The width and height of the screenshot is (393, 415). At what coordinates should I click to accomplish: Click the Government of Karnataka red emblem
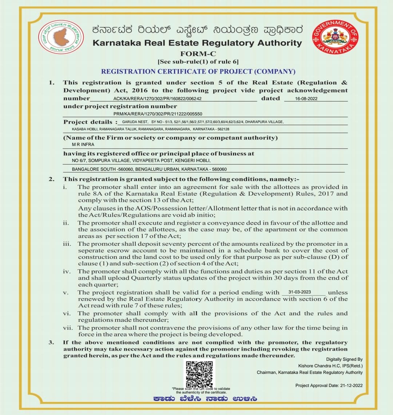coord(335,37)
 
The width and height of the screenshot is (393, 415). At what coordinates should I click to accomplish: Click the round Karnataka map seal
coord(61,37)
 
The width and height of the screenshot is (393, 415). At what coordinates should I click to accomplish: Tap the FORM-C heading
coord(198,54)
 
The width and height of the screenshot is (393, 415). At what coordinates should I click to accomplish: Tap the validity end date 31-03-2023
coord(299,292)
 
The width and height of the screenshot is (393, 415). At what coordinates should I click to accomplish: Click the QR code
coord(199,374)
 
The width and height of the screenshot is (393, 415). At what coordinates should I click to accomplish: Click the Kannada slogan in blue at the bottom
coord(205,399)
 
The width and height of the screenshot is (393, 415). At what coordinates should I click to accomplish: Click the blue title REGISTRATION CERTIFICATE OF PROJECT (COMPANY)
coord(198,71)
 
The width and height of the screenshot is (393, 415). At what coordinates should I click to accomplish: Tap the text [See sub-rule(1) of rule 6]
coord(198,62)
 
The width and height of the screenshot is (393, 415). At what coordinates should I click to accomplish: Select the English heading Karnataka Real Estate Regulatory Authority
coord(197,43)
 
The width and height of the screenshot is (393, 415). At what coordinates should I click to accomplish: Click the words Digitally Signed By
coord(344,359)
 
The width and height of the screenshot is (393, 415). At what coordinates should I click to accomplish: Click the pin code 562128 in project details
coord(222,129)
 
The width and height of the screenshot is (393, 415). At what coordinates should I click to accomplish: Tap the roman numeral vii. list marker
coord(68,328)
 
